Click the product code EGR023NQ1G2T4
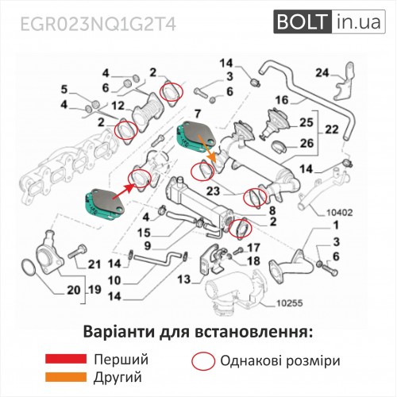pos(98,25)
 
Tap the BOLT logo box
pos(330,21)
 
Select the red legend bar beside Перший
pos(66,359)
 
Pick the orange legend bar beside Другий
pos(66,377)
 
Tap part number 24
pos(322,72)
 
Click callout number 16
pos(282,100)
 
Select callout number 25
pos(306,122)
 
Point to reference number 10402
pos(340,213)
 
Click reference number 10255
pos(290,303)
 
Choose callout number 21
pos(94,264)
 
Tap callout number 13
pos(184,279)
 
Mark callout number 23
pos(214,191)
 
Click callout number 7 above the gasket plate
pos(198,114)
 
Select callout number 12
pos(118,106)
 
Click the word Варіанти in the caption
pos(118,332)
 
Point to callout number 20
pos(73,290)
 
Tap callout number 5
pos(64,90)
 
